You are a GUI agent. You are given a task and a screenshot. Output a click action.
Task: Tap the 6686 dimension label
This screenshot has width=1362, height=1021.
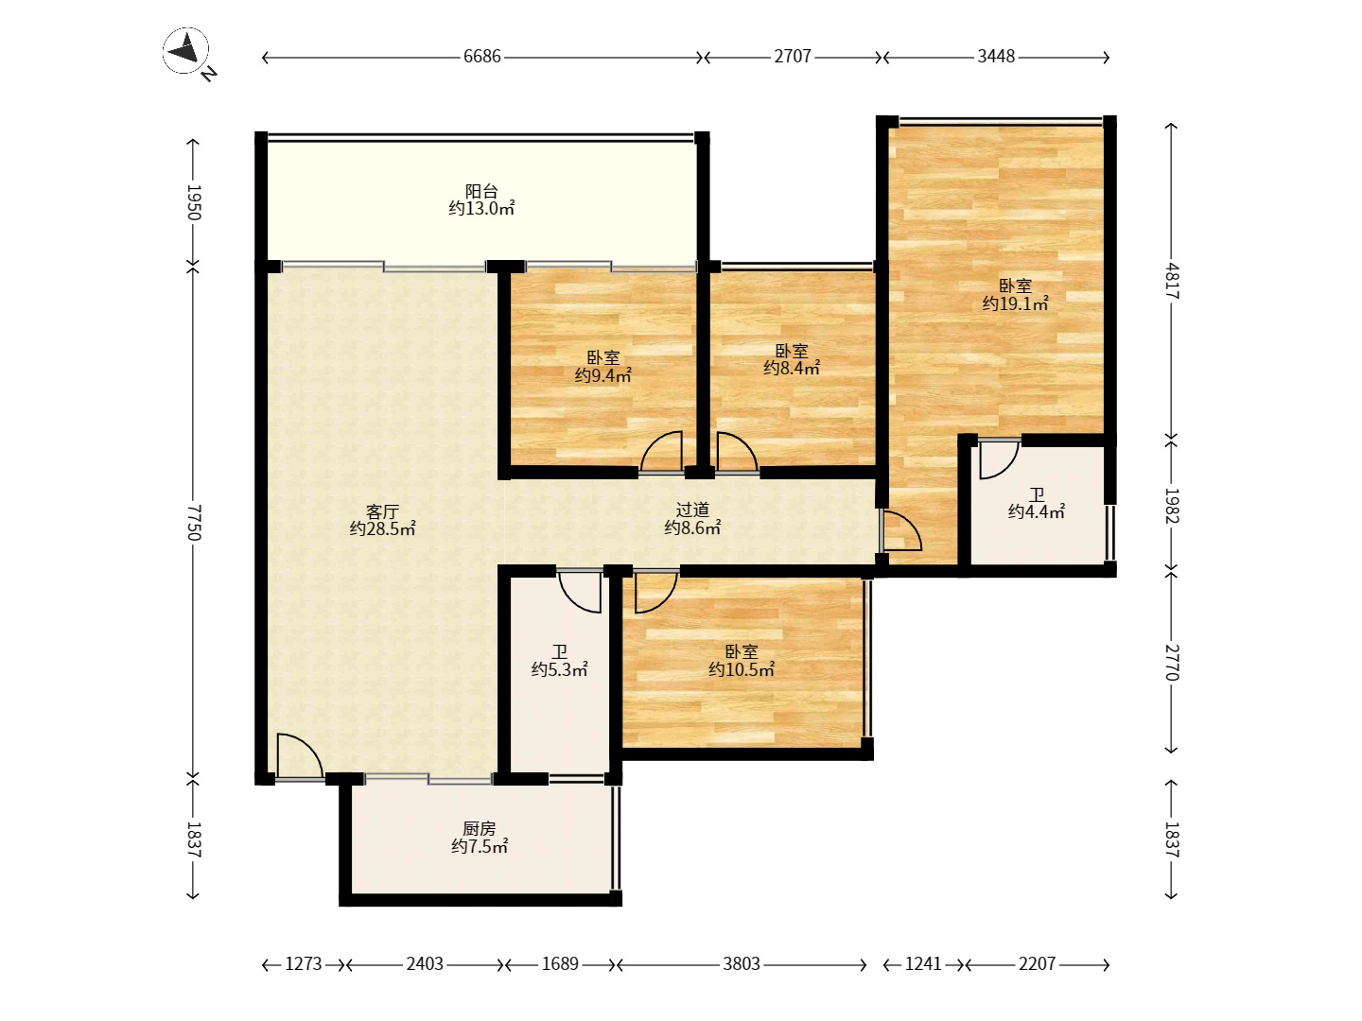(482, 57)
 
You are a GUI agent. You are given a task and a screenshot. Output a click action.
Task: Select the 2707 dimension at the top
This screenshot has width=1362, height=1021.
(793, 57)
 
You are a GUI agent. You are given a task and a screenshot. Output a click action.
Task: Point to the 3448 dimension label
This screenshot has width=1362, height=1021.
(996, 57)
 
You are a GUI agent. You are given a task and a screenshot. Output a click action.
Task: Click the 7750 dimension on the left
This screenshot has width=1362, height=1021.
(194, 522)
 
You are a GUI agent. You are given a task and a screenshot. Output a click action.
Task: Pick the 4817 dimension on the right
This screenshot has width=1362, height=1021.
(1172, 282)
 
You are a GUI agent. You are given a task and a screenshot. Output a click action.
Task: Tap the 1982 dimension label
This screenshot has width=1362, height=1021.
(1172, 506)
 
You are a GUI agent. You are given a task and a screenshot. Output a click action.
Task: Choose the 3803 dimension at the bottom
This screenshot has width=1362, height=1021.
(742, 964)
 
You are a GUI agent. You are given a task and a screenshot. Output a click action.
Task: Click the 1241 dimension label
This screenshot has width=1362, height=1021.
(923, 964)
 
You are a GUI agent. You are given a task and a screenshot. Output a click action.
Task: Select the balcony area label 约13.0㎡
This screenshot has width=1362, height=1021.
(481, 208)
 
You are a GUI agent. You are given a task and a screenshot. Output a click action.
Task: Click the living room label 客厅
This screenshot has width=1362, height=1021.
(382, 512)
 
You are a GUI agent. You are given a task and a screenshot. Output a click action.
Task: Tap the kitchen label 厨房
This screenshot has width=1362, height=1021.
(479, 829)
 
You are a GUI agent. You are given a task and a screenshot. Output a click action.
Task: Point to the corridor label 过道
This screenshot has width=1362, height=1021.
(692, 510)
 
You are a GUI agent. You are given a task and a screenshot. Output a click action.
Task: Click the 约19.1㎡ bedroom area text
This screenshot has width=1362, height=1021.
(1015, 303)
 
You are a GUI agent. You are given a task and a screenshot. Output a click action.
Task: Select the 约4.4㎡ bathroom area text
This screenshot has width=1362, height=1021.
(1037, 512)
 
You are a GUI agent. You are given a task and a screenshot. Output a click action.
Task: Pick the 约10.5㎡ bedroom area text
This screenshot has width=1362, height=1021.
(742, 669)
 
